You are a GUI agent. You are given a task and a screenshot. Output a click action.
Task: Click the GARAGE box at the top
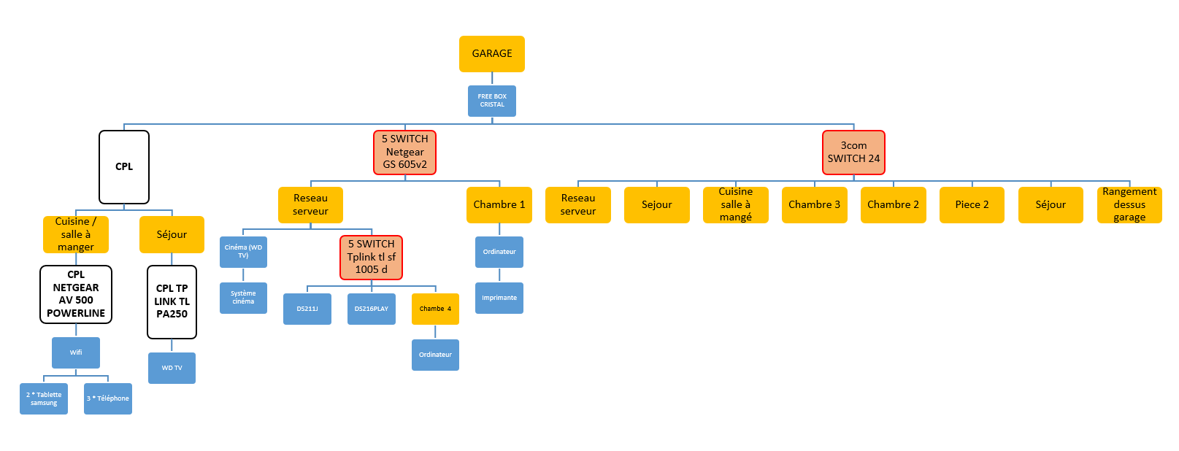(491, 54)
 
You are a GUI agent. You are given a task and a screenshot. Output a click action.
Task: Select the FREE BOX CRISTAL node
(491, 101)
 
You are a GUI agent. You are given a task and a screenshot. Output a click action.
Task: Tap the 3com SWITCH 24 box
(853, 152)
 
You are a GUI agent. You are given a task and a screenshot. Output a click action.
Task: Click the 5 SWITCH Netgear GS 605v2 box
(404, 152)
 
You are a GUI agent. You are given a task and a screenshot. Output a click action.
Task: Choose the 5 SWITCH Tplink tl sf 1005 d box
(371, 258)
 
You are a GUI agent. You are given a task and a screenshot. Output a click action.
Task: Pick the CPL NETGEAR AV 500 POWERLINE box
(76, 294)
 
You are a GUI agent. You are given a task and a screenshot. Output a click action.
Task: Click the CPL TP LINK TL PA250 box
(172, 301)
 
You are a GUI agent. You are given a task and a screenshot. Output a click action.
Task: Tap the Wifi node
(76, 352)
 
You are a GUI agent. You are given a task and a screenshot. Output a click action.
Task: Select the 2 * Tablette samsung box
(44, 399)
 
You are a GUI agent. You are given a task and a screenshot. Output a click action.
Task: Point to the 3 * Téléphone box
(108, 399)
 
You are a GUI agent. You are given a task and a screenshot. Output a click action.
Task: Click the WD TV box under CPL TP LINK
(172, 368)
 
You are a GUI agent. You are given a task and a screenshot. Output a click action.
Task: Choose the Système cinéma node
(243, 298)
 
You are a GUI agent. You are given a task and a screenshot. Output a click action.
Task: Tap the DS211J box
(307, 309)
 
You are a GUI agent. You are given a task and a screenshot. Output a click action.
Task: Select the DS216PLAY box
(371, 309)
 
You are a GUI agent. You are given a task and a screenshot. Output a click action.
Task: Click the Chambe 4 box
(435, 309)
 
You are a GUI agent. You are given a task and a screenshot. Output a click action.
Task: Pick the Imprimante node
(499, 298)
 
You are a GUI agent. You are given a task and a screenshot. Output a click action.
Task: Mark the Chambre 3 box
(814, 205)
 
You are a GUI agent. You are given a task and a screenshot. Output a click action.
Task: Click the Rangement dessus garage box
(1129, 205)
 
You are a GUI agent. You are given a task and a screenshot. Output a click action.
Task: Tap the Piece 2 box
(972, 205)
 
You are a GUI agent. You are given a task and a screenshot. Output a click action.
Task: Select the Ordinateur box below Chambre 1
(499, 252)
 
